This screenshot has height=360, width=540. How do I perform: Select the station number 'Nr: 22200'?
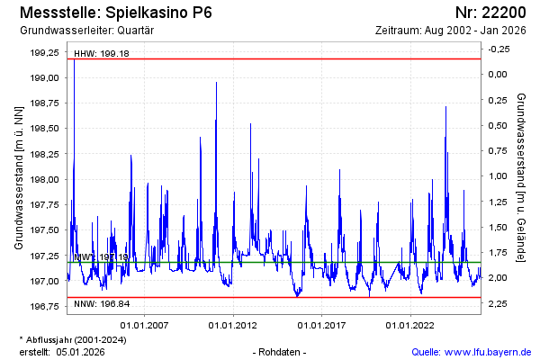[x=491, y=13]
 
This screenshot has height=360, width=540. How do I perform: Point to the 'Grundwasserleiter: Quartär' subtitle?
[x=86, y=31]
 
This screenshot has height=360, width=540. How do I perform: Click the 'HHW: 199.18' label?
[x=102, y=54]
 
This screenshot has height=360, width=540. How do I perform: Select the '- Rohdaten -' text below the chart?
[x=280, y=352]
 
